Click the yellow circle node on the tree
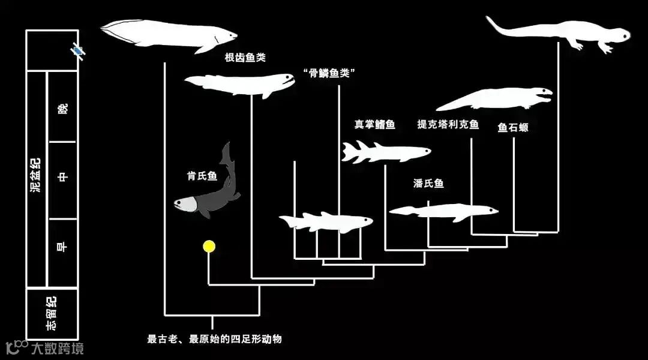click(x=209, y=246)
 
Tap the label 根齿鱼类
click(x=245, y=58)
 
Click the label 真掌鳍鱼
click(x=375, y=125)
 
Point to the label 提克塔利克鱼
click(x=448, y=125)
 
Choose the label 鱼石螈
click(x=513, y=127)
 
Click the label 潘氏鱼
click(x=428, y=184)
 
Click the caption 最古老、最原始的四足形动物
click(x=214, y=339)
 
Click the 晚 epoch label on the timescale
click(x=62, y=109)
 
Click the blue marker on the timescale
click(x=77, y=51)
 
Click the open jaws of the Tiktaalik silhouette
click(x=545, y=94)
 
